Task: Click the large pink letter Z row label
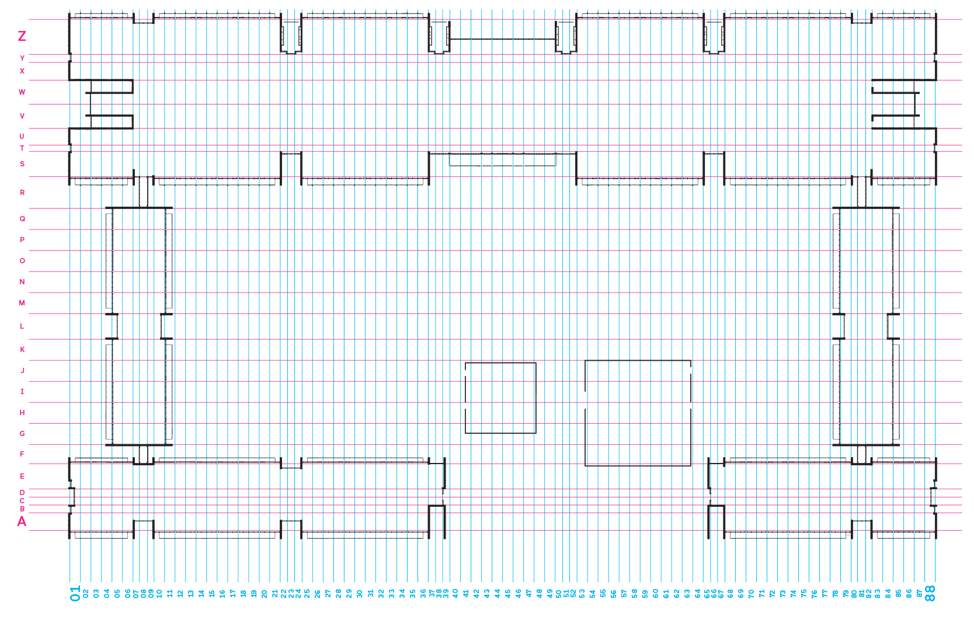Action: pos(22,36)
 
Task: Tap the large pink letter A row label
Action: pos(22,521)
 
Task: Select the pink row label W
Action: pos(22,92)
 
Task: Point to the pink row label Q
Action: pos(22,219)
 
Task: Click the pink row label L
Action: pos(22,326)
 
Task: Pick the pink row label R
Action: pos(22,193)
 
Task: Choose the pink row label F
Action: pos(22,454)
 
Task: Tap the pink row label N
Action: pos(22,282)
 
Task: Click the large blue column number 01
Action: pos(75,593)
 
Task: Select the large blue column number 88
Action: pos(930,593)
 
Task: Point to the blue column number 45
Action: pos(507,593)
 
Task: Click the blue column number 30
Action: pos(360,593)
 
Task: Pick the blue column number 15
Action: pos(212,593)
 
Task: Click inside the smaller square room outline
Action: pos(500,398)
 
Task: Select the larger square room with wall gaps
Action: pos(638,413)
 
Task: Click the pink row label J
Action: pos(22,371)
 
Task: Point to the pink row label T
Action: pos(22,148)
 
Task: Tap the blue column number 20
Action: pos(265,593)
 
